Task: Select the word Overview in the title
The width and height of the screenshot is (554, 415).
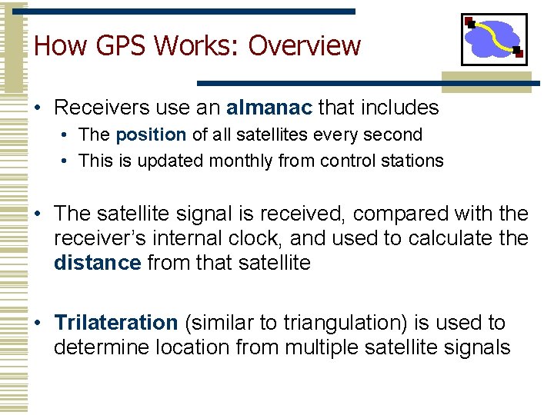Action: [304, 45]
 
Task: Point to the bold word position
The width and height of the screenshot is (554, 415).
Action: [151, 134]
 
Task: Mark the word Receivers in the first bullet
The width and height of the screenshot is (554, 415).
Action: [99, 108]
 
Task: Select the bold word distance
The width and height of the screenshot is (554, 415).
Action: [97, 264]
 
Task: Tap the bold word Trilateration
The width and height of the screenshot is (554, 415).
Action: [115, 322]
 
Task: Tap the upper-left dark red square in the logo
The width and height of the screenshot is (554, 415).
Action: [471, 22]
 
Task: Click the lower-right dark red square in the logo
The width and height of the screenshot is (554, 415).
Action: [518, 52]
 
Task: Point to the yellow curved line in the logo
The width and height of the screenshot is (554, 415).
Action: [494, 36]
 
